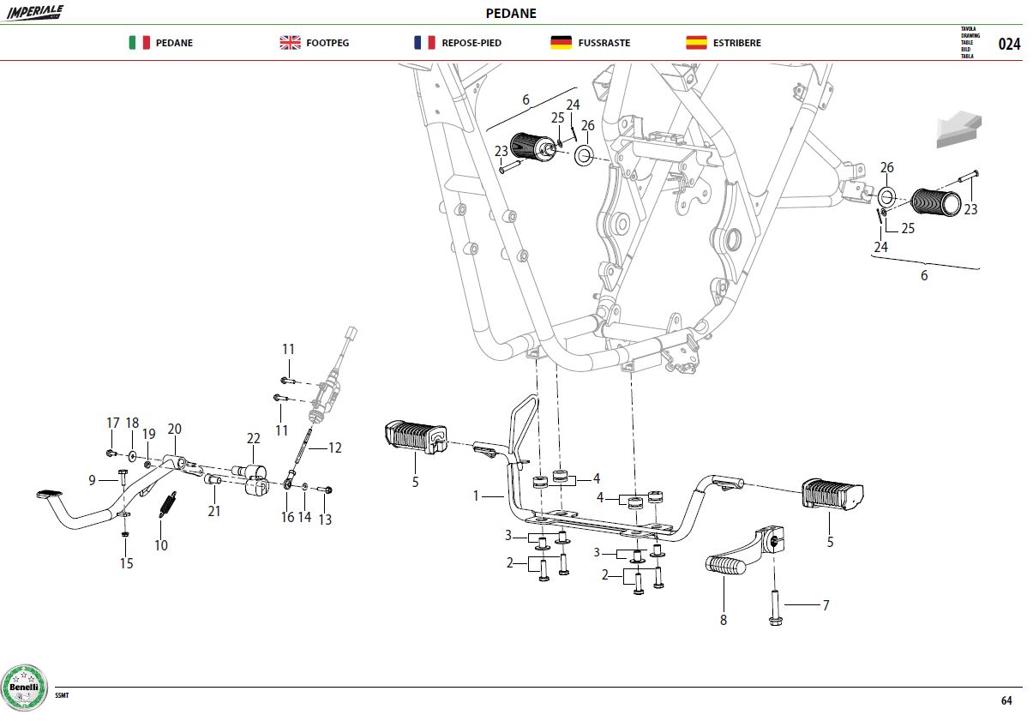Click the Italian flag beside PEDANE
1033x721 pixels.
pyautogui.click(x=139, y=43)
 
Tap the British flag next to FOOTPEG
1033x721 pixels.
pyautogui.click(x=290, y=43)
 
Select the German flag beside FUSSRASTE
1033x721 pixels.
pyautogui.click(x=561, y=43)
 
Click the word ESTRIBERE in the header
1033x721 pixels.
pyautogui.click(x=736, y=43)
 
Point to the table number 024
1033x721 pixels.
pyautogui.click(x=1009, y=45)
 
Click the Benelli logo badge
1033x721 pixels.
pyautogui.click(x=24, y=688)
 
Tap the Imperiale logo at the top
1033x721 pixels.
pyautogui.click(x=35, y=12)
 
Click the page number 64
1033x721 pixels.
pyautogui.click(x=1006, y=700)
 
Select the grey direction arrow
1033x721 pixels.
pyautogui.click(x=959, y=129)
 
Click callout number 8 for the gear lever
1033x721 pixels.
pyautogui.click(x=724, y=620)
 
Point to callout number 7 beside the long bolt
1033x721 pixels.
pyautogui.click(x=826, y=605)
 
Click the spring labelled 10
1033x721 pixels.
pyautogui.click(x=168, y=505)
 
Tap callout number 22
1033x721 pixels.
pyautogui.click(x=253, y=438)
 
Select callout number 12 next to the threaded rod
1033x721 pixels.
pyautogui.click(x=335, y=448)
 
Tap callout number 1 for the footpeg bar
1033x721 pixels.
pyautogui.click(x=476, y=496)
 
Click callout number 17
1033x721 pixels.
pyautogui.click(x=113, y=423)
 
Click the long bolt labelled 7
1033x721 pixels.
pyautogui.click(x=775, y=608)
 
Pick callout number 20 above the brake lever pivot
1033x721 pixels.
pyautogui.click(x=174, y=429)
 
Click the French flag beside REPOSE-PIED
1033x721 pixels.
pyautogui.click(x=424, y=43)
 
